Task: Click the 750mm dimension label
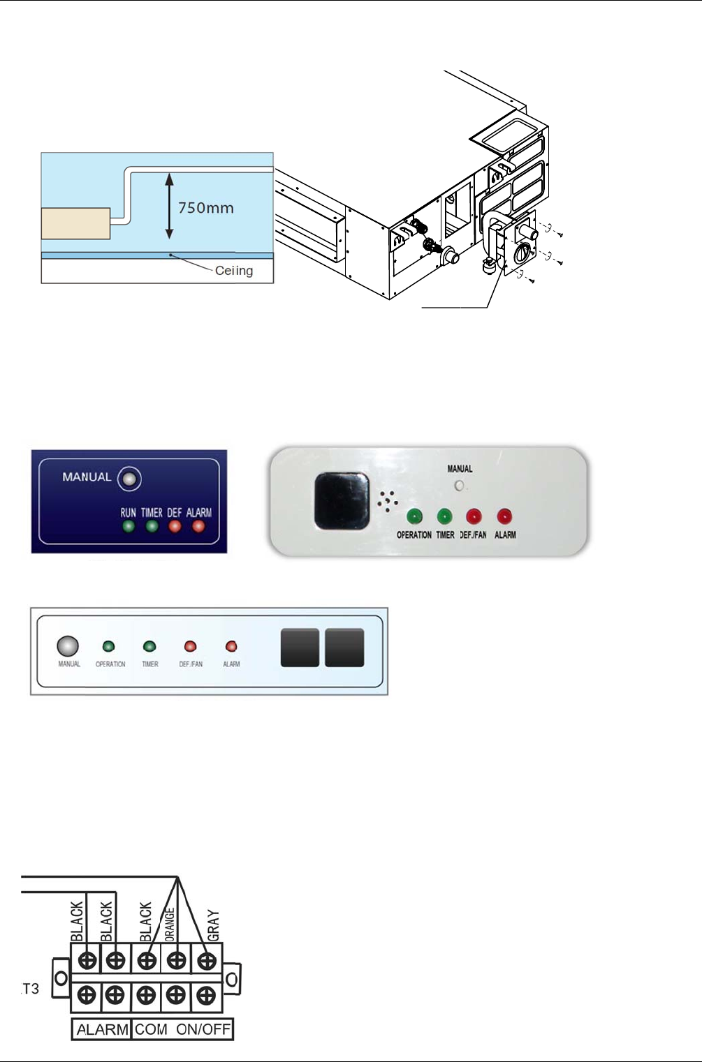[x=205, y=207]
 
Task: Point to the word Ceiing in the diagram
[x=234, y=271]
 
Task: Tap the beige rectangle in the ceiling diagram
[x=75, y=223]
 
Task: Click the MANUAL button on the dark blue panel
[x=129, y=479]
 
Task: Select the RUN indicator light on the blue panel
[x=129, y=527]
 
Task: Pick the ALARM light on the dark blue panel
[x=198, y=527]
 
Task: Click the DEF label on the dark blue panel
[x=175, y=513]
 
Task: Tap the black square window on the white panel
[x=342, y=500]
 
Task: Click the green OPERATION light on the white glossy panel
[x=414, y=517]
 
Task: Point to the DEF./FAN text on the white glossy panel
[x=473, y=535]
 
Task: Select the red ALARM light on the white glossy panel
[x=504, y=517]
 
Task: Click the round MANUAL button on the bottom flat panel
[x=68, y=646]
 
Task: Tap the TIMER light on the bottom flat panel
[x=149, y=647]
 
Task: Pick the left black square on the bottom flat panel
[x=300, y=648]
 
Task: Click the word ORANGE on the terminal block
[x=170, y=924]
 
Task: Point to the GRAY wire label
[x=214, y=925]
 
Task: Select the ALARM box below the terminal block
[x=102, y=1029]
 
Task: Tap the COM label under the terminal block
[x=151, y=1029]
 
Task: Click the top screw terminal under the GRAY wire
[x=207, y=960]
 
